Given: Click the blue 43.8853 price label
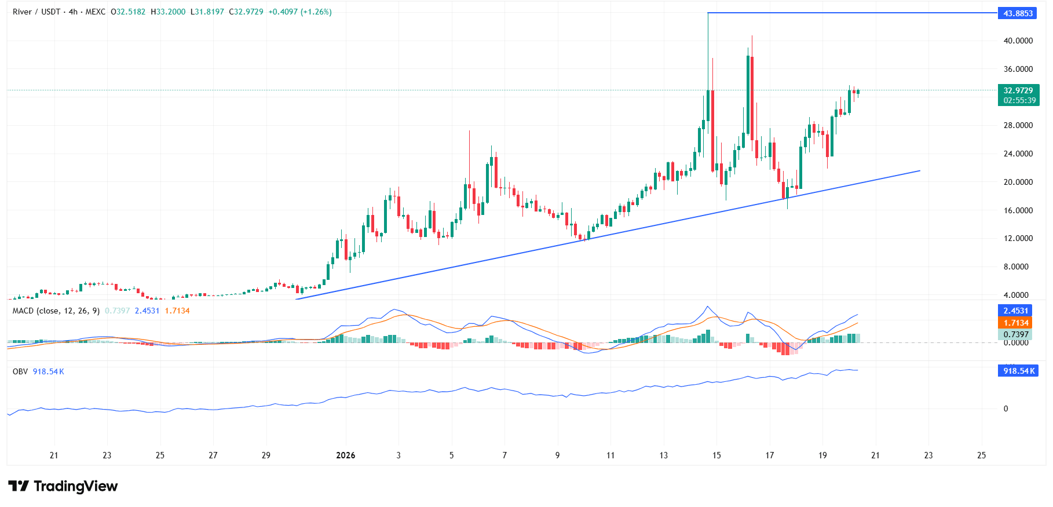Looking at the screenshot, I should [1018, 13].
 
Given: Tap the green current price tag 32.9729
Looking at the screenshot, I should [1018, 90].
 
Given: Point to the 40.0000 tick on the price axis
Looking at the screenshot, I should [1018, 41].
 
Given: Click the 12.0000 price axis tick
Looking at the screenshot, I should [1018, 238].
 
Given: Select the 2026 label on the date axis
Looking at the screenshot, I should [346, 455].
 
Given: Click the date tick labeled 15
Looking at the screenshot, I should [716, 455].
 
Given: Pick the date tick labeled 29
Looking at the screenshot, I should [266, 455].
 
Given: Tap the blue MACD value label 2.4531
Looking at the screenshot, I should [1015, 311].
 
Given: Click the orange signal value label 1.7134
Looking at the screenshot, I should [1015, 323].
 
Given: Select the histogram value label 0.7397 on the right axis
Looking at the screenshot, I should [1015, 334].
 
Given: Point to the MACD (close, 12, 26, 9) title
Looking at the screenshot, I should [56, 311].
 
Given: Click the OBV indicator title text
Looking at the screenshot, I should [20, 371].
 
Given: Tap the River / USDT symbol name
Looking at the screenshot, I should [36, 12].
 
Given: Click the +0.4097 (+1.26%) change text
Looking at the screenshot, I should [300, 12].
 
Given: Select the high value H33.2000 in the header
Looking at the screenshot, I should [168, 12].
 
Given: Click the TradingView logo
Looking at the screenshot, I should [63, 486].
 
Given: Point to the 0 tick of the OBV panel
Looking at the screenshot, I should [1006, 408].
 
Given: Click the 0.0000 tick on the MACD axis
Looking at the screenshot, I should [1016, 342].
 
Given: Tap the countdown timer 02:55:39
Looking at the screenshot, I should [1019, 100].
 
